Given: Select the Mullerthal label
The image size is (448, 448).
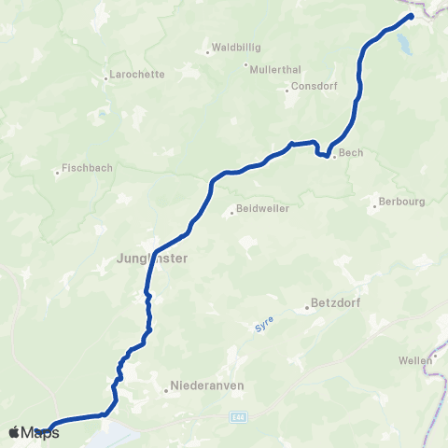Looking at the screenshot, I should (x=272, y=66).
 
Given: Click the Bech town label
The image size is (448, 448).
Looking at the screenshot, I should (x=351, y=153).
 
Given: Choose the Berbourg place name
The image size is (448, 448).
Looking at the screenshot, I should (x=396, y=201).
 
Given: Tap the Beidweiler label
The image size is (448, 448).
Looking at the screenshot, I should (x=259, y=211).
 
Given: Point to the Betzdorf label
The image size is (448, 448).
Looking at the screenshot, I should (x=333, y=304).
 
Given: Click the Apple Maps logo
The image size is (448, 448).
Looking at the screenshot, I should (x=34, y=432).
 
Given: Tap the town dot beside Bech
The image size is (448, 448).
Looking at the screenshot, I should (x=333, y=156).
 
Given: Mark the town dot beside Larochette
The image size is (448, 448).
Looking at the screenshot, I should (x=106, y=77).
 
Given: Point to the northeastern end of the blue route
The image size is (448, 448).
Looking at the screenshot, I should (x=412, y=16).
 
